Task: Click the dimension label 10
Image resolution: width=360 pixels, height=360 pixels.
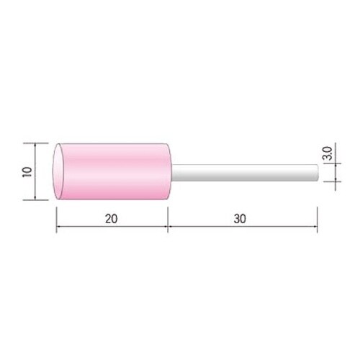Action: coord(27,172)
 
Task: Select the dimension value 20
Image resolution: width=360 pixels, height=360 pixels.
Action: coord(112,219)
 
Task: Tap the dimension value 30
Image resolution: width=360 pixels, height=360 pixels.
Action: coord(240,219)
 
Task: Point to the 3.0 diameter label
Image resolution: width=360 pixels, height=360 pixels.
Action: coord(328,153)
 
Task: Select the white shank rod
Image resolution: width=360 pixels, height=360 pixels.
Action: coord(245,173)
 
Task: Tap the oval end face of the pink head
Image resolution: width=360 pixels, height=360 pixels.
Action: coord(58,171)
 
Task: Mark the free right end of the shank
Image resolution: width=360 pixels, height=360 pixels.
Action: coord(318,173)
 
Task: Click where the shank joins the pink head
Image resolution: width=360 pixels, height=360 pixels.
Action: coord(171,173)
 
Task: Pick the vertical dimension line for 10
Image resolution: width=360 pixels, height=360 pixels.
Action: coord(35,171)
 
